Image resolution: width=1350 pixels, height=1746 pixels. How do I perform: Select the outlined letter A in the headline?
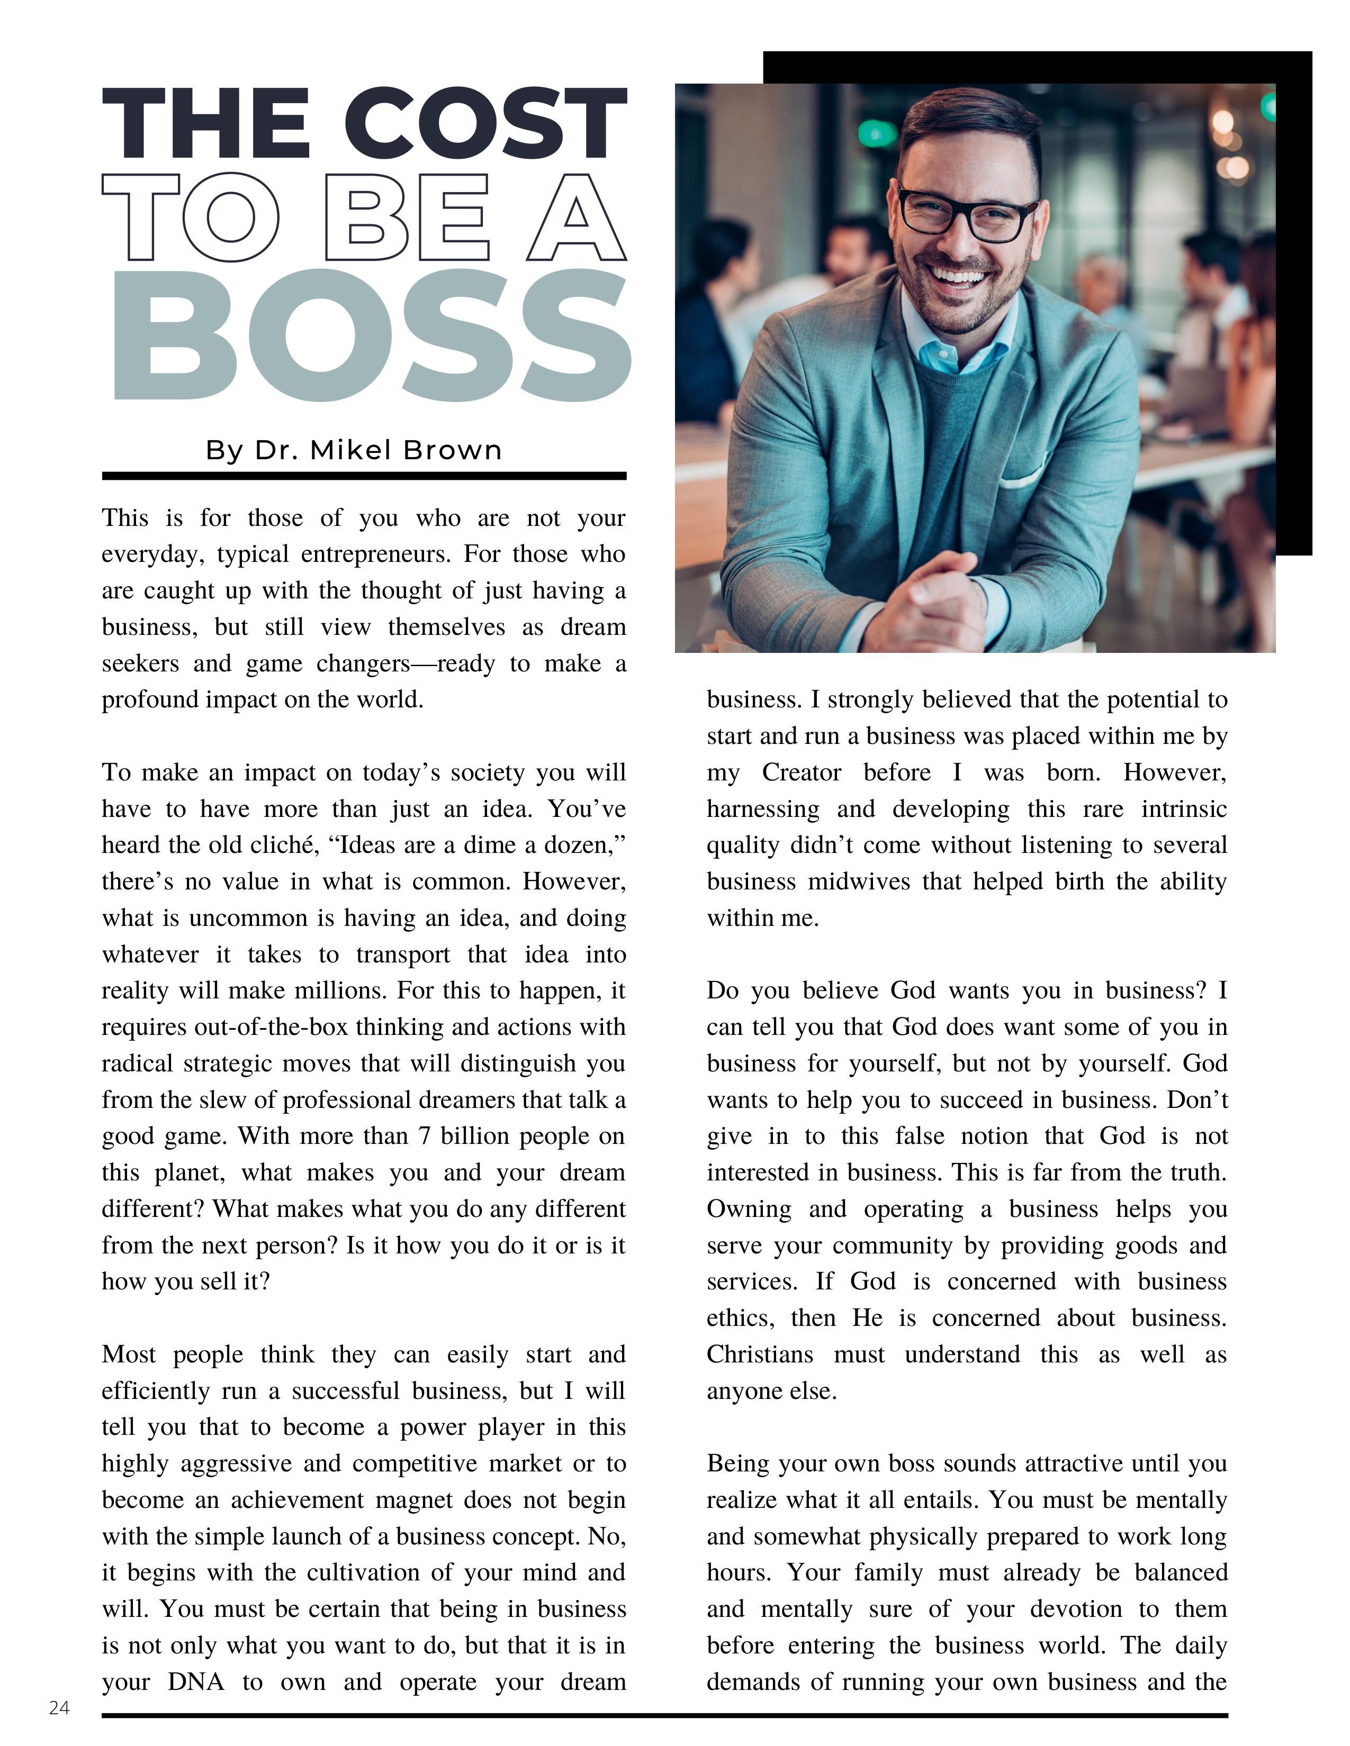click(577, 217)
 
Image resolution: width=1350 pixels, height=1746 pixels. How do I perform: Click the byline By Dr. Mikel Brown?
click(354, 450)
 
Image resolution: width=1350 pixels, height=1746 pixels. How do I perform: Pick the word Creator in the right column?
click(802, 772)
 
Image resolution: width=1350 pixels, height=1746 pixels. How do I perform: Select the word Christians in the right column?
click(759, 1354)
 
